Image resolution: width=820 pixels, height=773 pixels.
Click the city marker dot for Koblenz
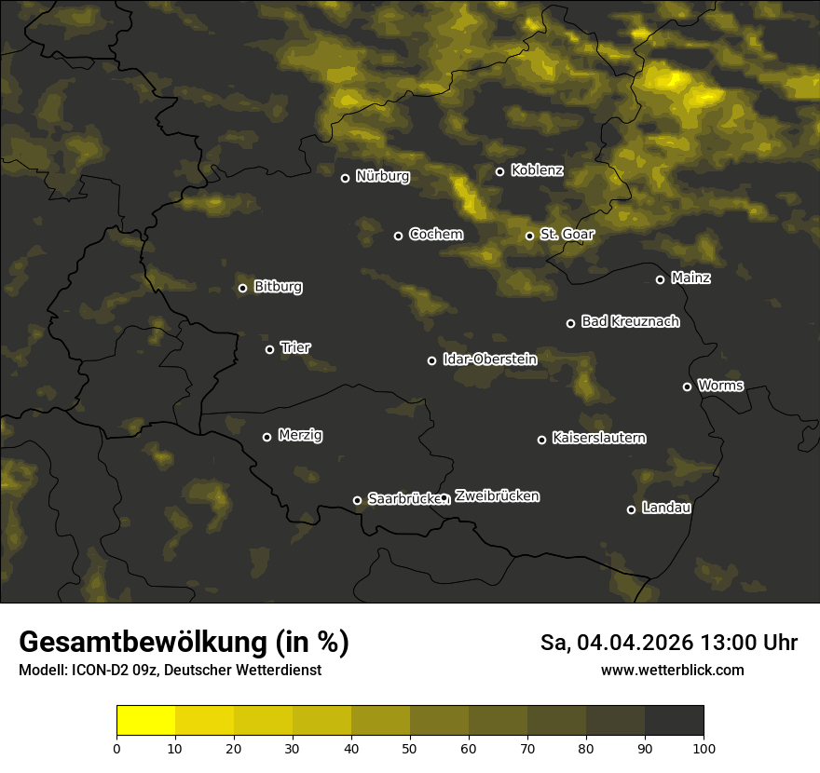click(499, 171)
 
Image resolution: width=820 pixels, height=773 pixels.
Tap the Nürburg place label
click(382, 176)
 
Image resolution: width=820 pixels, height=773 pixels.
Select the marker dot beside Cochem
click(398, 236)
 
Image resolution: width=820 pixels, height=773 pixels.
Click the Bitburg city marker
click(242, 288)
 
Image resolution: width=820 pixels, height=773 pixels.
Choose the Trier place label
click(295, 347)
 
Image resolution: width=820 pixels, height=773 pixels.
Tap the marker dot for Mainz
click(660, 279)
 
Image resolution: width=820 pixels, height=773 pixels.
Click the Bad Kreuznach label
click(630, 321)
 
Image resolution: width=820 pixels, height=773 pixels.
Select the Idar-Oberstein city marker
click(431, 360)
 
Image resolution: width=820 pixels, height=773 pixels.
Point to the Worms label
click(720, 385)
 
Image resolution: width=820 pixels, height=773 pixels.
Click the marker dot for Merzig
click(266, 437)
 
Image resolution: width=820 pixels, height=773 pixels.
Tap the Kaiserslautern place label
click(598, 438)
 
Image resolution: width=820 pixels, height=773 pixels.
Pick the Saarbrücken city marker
click(357, 500)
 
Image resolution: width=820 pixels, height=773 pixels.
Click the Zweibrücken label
click(497, 495)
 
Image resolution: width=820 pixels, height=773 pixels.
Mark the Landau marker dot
click(631, 509)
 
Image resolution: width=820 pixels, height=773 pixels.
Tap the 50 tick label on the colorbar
click(410, 747)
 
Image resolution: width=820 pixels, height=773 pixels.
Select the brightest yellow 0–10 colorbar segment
click(146, 720)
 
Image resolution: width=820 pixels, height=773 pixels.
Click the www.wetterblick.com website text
click(672, 670)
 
